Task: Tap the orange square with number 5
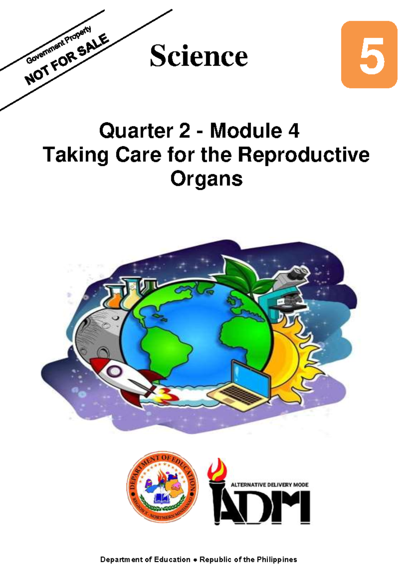[x=369, y=55]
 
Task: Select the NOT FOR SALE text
[x=67, y=60]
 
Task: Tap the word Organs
[x=206, y=179]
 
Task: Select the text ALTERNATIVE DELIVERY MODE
[x=270, y=485]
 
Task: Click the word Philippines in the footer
[x=277, y=560]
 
